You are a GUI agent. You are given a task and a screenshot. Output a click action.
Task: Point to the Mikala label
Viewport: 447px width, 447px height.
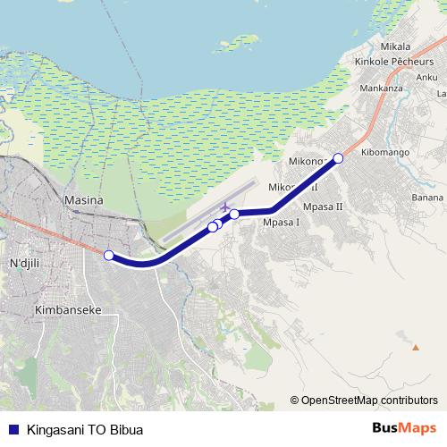click(x=394, y=46)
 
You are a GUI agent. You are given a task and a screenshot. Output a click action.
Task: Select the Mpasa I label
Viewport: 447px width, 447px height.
click(x=281, y=223)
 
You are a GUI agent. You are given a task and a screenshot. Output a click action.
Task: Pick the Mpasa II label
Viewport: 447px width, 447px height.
click(x=324, y=207)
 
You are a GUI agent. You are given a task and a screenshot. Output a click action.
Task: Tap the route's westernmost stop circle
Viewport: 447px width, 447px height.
click(x=108, y=255)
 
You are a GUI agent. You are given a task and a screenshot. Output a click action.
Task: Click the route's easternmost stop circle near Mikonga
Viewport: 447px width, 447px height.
click(x=338, y=158)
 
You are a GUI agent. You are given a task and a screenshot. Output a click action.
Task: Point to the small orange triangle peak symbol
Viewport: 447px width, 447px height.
click(x=416, y=346)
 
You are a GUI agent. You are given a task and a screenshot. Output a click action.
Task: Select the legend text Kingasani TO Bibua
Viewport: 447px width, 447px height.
click(x=85, y=429)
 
